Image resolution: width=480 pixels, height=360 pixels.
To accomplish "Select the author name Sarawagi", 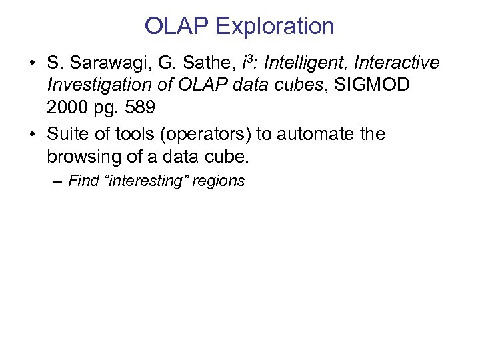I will click(x=107, y=63).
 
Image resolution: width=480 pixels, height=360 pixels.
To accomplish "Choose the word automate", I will click(x=317, y=134).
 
